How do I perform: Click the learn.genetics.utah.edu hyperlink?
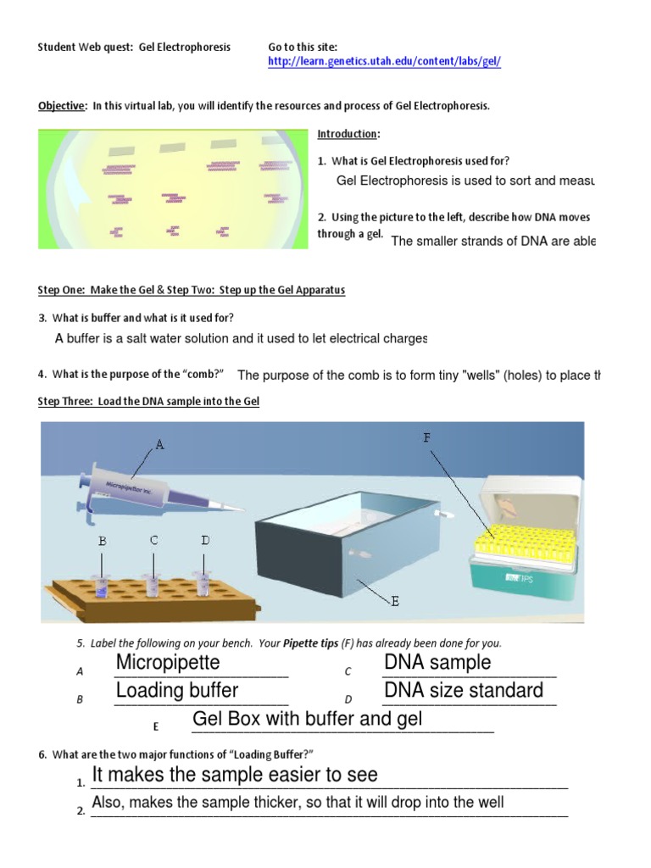tap(384, 62)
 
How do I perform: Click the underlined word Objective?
tap(62, 106)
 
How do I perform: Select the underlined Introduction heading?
tap(348, 134)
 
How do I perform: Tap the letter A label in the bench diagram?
tap(159, 444)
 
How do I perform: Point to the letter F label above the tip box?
tap(426, 437)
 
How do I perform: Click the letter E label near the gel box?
tap(394, 601)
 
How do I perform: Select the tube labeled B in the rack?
tap(102, 584)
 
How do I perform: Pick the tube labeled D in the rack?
tap(203, 583)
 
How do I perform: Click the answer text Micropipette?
tap(168, 662)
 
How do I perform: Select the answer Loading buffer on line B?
tap(177, 690)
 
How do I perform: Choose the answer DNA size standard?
tap(464, 690)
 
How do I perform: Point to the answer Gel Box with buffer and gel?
tap(308, 720)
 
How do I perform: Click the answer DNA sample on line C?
tap(437, 662)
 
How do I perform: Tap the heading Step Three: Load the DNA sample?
tap(148, 401)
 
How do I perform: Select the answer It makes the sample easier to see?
tap(235, 774)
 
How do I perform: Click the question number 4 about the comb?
tap(42, 374)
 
